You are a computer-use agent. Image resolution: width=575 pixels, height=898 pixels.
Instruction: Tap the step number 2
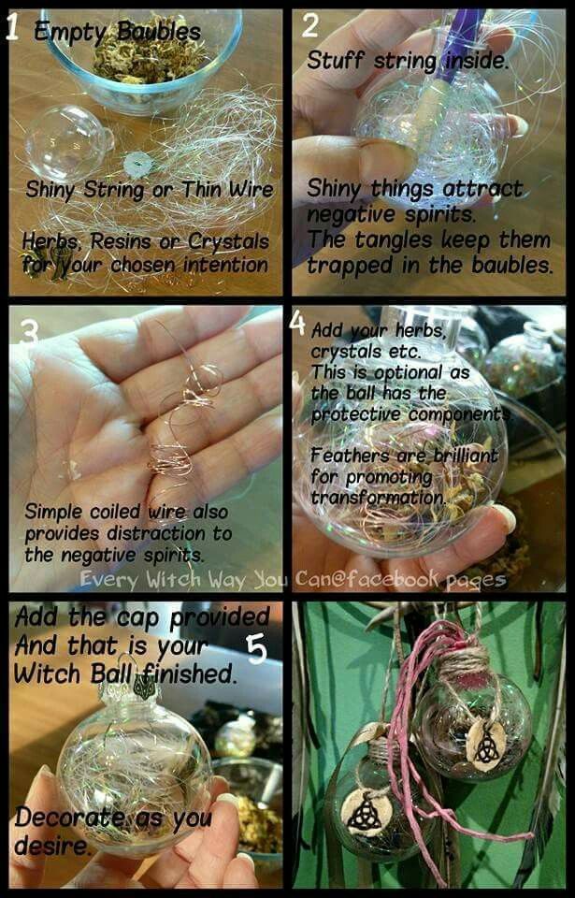point(310,26)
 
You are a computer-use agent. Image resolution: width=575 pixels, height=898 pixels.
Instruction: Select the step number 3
point(29,331)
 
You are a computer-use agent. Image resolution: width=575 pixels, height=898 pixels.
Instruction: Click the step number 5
point(256,649)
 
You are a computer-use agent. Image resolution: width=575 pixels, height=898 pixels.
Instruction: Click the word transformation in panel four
point(378,498)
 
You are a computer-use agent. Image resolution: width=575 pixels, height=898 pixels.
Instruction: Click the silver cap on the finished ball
point(127,691)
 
